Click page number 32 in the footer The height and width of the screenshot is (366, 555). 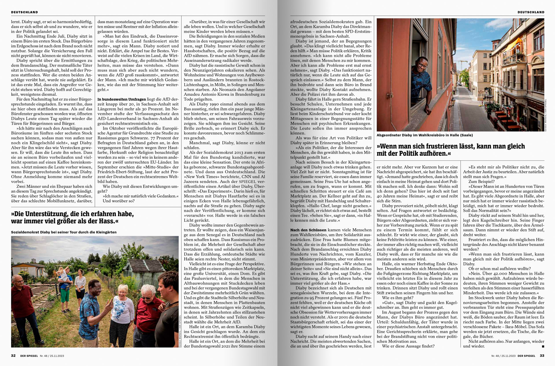pyautogui.click(x=13, y=356)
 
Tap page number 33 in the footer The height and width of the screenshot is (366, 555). pyautogui.click(x=542, y=356)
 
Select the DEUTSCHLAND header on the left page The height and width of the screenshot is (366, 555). pyautogui.click(x=25, y=12)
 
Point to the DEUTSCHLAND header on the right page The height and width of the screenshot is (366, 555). pyautogui.click(x=531, y=12)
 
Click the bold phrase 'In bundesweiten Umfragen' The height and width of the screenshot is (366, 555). pyautogui.click(x=122, y=99)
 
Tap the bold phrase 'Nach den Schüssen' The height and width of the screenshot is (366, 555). pyautogui.click(x=308, y=230)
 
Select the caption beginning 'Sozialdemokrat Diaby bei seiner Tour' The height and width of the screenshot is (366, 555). pyautogui.click(x=64, y=232)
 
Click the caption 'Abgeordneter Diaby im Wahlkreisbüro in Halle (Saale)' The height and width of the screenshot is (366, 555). pyautogui.click(x=425, y=135)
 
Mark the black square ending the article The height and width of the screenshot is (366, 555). pyautogui.click(x=543, y=346)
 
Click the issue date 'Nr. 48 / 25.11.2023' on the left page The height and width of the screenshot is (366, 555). pyautogui.click(x=52, y=356)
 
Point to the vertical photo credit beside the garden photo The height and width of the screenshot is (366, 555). pyautogui.click(x=180, y=330)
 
